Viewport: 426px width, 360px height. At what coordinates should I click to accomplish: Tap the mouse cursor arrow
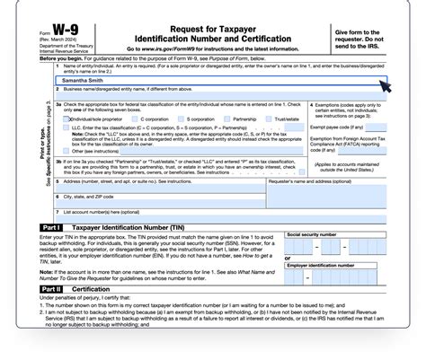click(385, 86)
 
